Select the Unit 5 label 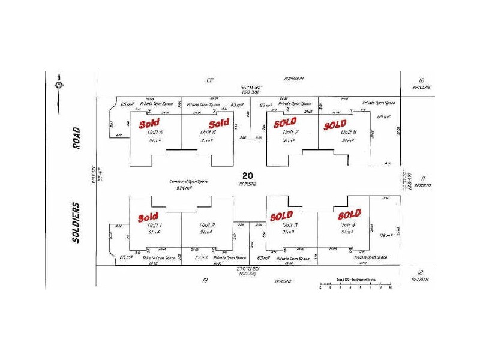point(155,132)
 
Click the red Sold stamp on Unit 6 point(219,123)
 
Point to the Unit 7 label point(290,132)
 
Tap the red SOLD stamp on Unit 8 point(335,125)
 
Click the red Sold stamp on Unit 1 point(148,217)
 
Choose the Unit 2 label point(206,224)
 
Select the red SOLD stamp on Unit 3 point(281,215)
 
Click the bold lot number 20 point(247,175)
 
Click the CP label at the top point(210,80)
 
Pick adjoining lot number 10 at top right point(422,80)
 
